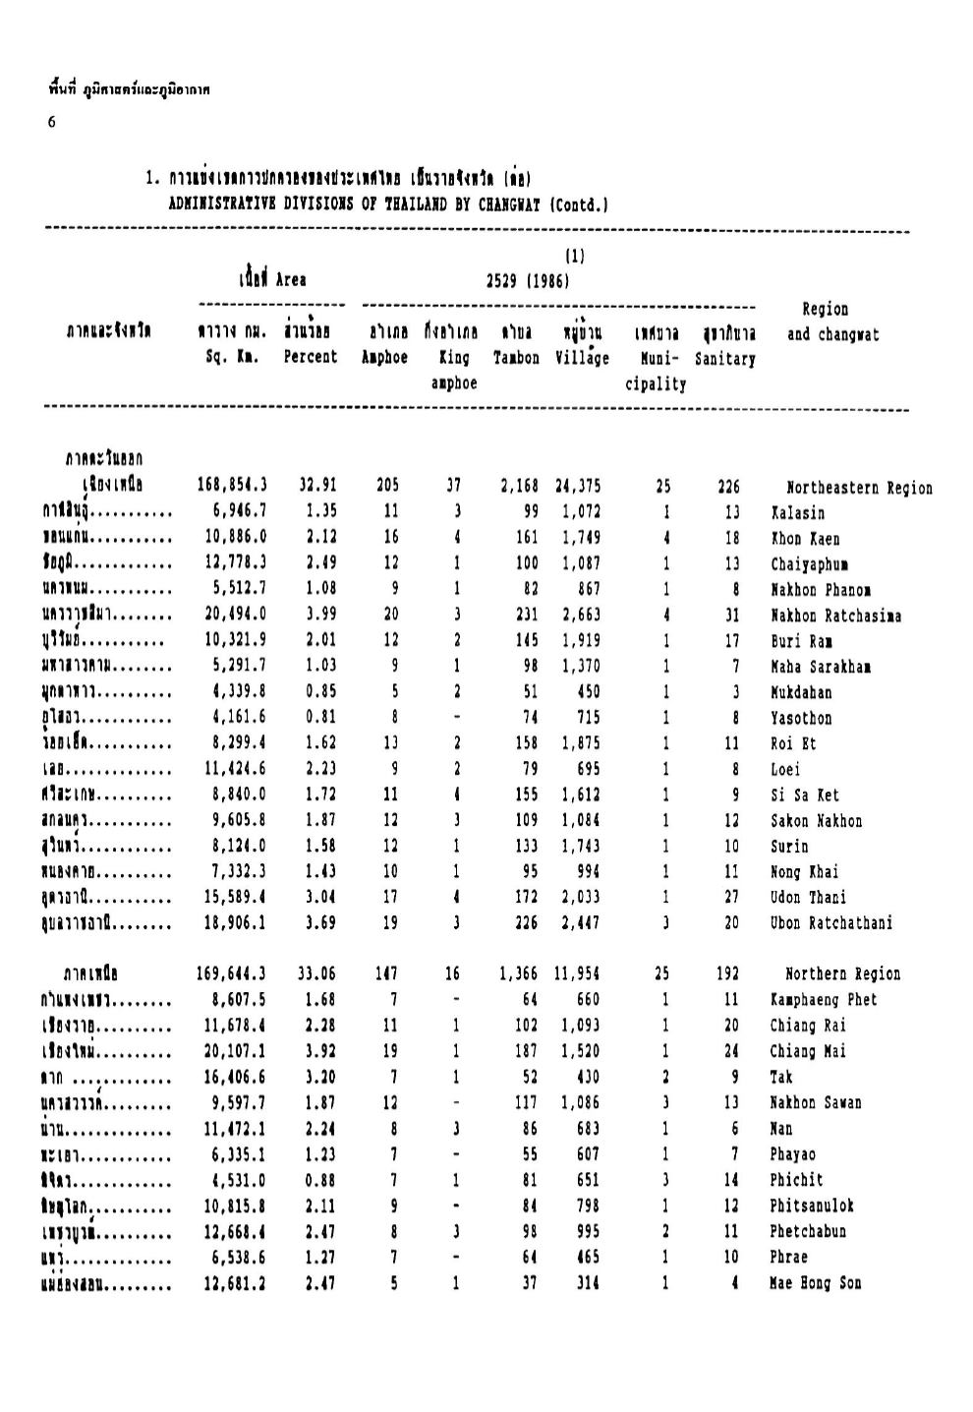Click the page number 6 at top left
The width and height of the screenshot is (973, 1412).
tap(51, 122)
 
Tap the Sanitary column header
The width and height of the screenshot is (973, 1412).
tap(724, 359)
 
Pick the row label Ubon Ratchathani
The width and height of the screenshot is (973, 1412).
tap(830, 923)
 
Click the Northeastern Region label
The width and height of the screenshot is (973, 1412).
tap(859, 488)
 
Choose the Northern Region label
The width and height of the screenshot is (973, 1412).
tap(842, 974)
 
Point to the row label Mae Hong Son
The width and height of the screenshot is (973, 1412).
tap(815, 1283)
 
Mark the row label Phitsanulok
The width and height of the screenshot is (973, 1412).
tap(812, 1206)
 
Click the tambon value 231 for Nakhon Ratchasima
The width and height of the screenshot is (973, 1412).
tap(528, 615)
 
